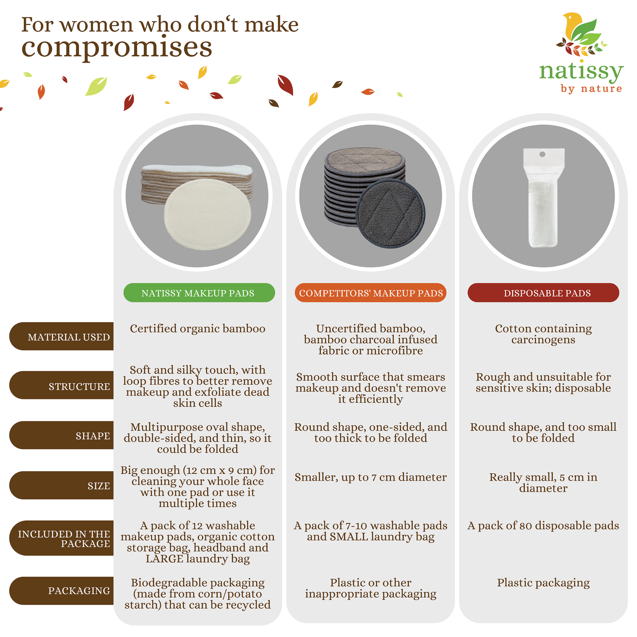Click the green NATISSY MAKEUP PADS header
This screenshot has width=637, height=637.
pos(199,293)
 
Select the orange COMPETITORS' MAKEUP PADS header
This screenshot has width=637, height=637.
pos(371,293)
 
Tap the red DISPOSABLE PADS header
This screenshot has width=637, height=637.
pos(543,293)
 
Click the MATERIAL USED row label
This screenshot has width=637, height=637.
pos(61,336)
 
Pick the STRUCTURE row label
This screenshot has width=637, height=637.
pos(61,385)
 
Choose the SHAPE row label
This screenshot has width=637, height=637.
pos(61,435)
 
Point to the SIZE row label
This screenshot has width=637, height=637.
pos(61,485)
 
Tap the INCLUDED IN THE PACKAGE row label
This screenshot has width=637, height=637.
pos(61,538)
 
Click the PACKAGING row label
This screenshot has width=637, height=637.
pos(61,591)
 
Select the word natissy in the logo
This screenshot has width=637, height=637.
pos(581,72)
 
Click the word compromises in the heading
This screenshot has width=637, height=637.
pos(117,48)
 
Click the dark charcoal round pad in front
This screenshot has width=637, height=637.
pos(391,213)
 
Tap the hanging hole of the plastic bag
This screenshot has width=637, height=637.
pos(542,154)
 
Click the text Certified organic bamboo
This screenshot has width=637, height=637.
pos(197,328)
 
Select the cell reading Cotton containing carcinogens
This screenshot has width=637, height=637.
pos(543,334)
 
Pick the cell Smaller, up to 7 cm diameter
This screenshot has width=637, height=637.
pos(371,477)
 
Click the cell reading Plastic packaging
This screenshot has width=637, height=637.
pos(543,583)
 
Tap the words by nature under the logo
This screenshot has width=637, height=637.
pos(592,89)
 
